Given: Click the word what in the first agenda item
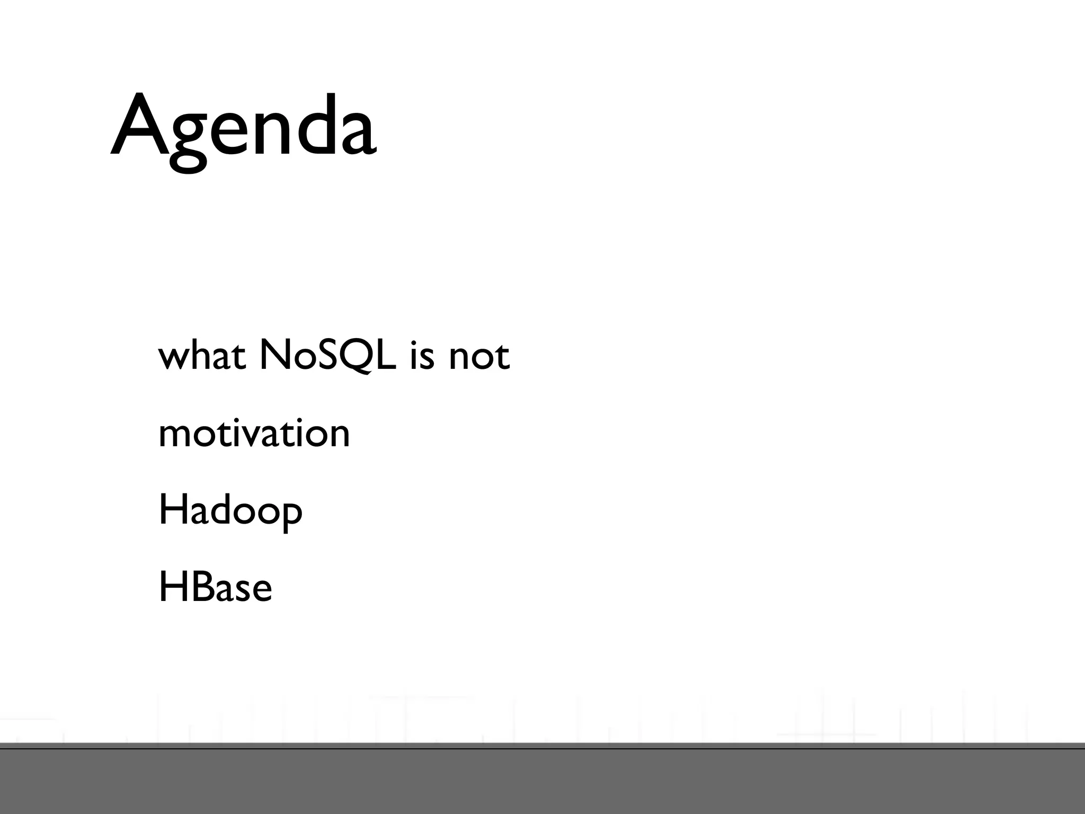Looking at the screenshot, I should tap(201, 356).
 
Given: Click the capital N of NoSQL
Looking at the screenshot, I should tap(274, 355).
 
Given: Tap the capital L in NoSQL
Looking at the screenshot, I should tap(386, 355).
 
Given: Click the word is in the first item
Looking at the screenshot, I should tap(422, 357).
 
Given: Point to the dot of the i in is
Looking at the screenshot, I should tap(414, 342).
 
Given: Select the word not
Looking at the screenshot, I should tap(479, 357).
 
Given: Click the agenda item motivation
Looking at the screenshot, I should tap(254, 433).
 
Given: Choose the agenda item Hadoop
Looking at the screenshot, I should tap(230, 511).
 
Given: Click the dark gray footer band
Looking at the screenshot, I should tap(542, 782).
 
